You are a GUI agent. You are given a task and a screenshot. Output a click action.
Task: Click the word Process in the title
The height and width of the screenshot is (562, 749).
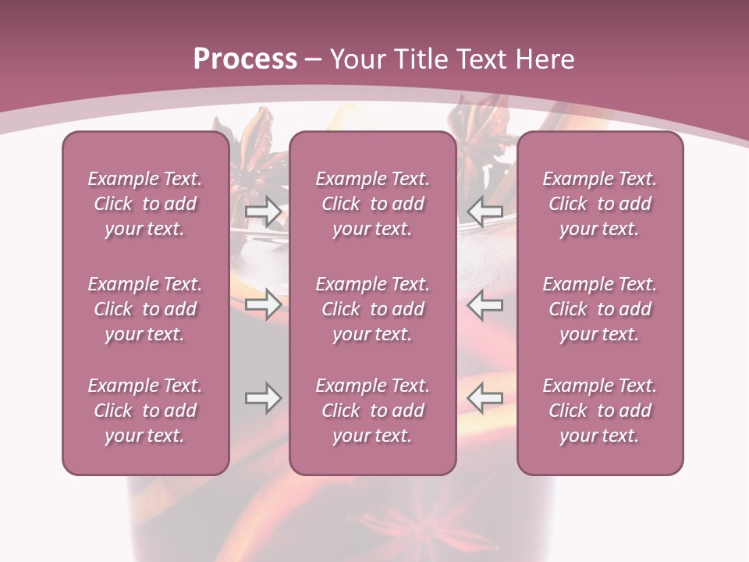[245, 59]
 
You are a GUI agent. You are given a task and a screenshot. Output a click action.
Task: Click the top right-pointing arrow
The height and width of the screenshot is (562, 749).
[263, 210]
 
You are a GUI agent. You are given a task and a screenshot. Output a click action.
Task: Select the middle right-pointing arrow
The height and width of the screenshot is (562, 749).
[263, 304]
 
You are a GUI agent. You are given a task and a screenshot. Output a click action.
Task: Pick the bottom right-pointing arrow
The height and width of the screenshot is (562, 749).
[263, 398]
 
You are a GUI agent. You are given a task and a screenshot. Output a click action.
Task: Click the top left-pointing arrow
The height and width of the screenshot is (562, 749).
[485, 210]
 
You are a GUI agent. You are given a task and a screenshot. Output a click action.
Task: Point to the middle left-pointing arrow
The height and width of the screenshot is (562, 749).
[485, 304]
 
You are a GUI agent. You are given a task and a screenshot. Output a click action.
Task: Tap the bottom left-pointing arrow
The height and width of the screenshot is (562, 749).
[485, 398]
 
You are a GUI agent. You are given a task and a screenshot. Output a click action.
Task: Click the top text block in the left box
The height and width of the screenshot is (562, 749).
[145, 204]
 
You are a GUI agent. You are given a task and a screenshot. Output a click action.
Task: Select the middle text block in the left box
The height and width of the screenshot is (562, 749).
[145, 309]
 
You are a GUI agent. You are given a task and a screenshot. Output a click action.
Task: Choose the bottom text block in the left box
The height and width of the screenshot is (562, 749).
[145, 411]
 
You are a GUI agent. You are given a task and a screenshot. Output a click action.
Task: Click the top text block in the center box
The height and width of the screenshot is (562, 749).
[372, 204]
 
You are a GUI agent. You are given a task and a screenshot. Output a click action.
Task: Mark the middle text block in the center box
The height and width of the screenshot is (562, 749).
[372, 309]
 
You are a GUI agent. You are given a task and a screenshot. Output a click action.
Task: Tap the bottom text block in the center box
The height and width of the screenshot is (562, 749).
[372, 411]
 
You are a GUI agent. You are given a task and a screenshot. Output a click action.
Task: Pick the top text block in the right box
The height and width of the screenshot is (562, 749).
[599, 204]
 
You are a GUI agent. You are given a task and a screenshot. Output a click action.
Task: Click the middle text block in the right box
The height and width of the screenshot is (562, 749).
[599, 309]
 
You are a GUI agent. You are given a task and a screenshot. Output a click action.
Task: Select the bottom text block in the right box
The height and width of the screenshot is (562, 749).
[599, 411]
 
